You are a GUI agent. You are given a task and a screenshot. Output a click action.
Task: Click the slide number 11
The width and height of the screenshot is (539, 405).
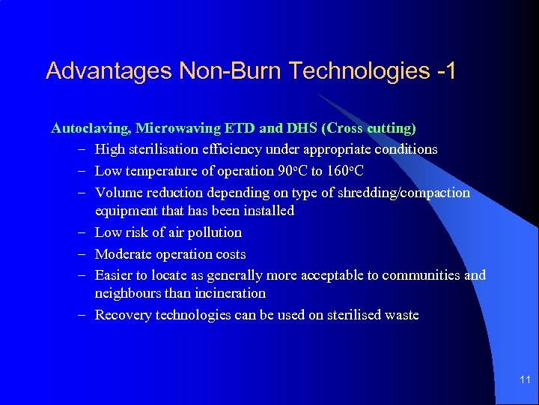525,380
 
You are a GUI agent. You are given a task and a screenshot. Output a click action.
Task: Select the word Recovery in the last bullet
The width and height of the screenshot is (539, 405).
123,315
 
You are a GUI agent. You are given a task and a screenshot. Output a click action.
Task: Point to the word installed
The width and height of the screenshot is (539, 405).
267,211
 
